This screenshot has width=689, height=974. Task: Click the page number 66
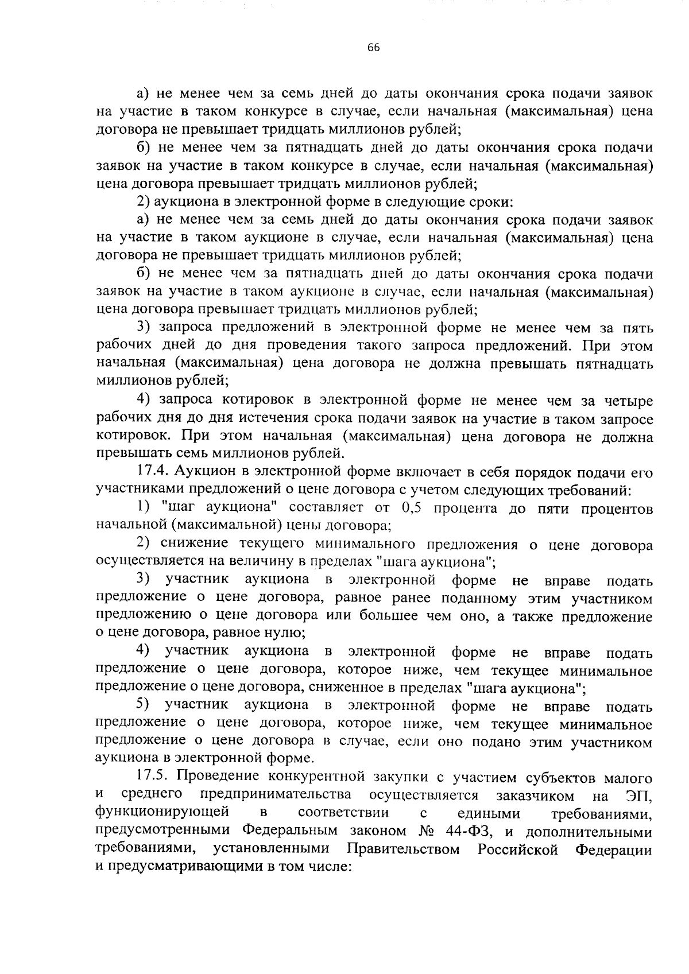pyautogui.click(x=373, y=48)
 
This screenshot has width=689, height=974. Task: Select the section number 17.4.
pyautogui.click(x=153, y=472)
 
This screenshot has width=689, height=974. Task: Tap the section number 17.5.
pyautogui.click(x=153, y=777)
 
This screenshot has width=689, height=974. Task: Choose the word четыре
pyautogui.click(x=624, y=400)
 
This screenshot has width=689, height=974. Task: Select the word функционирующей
pyautogui.click(x=162, y=813)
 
